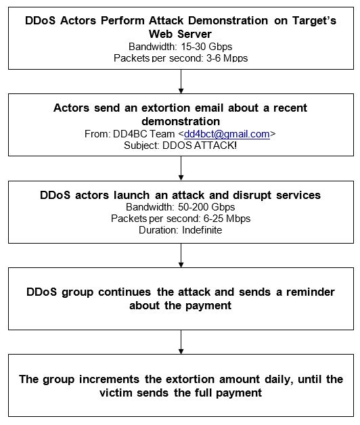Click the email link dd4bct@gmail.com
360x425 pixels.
227,134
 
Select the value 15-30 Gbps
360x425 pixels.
206,47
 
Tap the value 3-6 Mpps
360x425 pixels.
227,58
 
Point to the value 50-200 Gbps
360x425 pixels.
206,207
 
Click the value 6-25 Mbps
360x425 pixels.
227,219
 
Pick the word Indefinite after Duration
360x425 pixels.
202,230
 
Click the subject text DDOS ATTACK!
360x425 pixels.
200,146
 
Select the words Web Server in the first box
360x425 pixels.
180,34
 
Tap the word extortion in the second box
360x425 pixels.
166,108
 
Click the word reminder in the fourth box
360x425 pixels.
311,292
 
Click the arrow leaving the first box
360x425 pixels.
181,81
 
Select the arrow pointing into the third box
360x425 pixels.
181,169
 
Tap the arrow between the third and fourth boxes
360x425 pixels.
181,255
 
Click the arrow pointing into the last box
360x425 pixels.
181,342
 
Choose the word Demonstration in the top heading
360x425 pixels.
228,20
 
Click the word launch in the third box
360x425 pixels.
131,195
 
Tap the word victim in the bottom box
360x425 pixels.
116,393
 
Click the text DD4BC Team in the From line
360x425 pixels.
144,134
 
